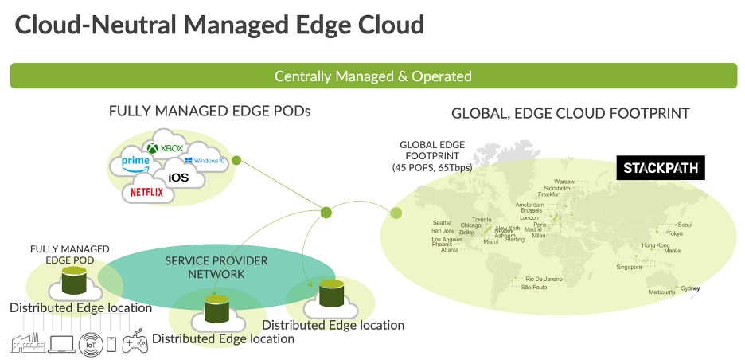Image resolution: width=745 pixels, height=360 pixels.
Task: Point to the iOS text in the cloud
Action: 178,177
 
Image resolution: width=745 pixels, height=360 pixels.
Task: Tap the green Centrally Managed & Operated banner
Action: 372,76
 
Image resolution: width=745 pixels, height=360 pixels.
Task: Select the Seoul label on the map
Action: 685,225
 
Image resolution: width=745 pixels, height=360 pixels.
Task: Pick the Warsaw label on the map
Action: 564,181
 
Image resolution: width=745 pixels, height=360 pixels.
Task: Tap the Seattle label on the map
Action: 442,223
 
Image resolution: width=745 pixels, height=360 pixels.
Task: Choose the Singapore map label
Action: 629,268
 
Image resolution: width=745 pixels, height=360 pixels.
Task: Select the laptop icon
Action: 61,344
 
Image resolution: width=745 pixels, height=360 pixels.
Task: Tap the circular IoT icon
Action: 90,343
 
